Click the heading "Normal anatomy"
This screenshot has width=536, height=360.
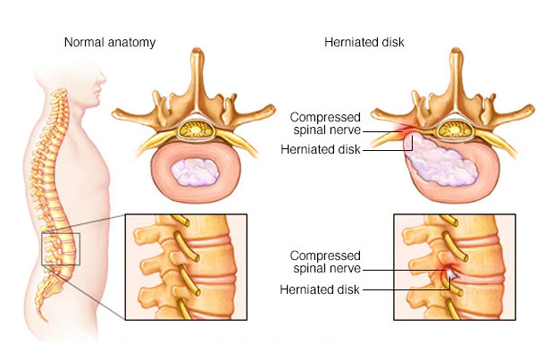(x=110, y=42)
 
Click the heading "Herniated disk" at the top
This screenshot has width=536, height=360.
(x=364, y=42)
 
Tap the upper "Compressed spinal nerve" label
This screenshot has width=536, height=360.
(x=325, y=123)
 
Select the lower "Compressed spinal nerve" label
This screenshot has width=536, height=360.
(x=325, y=262)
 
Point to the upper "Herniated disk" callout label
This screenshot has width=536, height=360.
(x=321, y=149)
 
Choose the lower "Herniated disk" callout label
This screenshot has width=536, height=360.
(x=320, y=289)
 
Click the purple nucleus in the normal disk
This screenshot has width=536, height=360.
(x=195, y=172)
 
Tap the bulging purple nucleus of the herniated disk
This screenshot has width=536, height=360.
(x=441, y=161)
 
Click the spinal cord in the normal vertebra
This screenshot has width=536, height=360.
(x=196, y=130)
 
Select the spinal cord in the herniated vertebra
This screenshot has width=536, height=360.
(x=455, y=130)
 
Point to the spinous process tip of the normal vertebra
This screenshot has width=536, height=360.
(x=197, y=52)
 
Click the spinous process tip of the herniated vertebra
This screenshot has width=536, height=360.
(x=456, y=52)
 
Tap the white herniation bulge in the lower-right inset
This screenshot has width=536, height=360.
(x=449, y=273)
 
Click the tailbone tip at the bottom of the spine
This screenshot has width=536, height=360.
(x=46, y=320)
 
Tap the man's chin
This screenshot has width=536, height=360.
(x=96, y=104)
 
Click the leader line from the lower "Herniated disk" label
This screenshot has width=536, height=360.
(x=406, y=290)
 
